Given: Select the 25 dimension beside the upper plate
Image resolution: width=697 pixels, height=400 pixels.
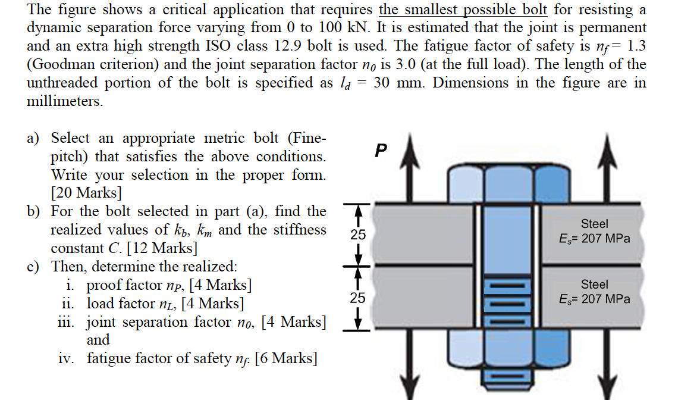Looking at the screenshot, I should (x=357, y=235).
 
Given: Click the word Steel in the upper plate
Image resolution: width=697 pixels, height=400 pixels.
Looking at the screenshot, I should (x=594, y=224).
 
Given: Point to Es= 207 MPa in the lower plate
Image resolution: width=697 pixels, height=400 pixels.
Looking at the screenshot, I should (x=594, y=299).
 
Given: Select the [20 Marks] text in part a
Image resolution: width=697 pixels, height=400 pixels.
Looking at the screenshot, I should (x=87, y=193).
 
